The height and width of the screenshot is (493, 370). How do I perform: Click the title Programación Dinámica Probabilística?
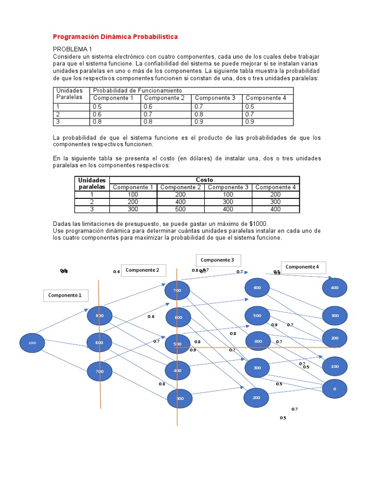(x=115, y=37)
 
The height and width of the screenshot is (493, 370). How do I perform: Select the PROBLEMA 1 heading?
(x=72, y=49)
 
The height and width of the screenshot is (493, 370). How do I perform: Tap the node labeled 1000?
(x=32, y=343)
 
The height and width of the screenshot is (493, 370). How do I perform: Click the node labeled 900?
(x=99, y=315)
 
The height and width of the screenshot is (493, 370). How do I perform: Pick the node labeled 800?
(x=99, y=342)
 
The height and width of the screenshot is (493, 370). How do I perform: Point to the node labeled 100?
(x=334, y=366)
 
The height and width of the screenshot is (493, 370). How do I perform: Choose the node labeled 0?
(x=334, y=388)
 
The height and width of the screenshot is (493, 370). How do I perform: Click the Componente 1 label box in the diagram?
(x=65, y=295)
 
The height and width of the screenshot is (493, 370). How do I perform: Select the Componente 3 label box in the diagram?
(x=217, y=260)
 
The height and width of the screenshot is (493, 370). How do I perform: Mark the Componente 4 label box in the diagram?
(x=302, y=267)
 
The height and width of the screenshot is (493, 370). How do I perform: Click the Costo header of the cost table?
(x=204, y=180)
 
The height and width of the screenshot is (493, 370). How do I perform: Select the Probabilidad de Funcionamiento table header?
(x=137, y=91)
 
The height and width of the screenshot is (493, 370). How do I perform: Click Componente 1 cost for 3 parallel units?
(x=132, y=209)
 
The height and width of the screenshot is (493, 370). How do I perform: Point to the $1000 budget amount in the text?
(x=259, y=223)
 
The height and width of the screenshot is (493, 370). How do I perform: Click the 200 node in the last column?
(x=334, y=338)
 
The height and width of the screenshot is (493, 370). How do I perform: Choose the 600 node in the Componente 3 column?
(x=257, y=287)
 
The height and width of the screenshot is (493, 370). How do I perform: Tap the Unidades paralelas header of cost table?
(x=92, y=183)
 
